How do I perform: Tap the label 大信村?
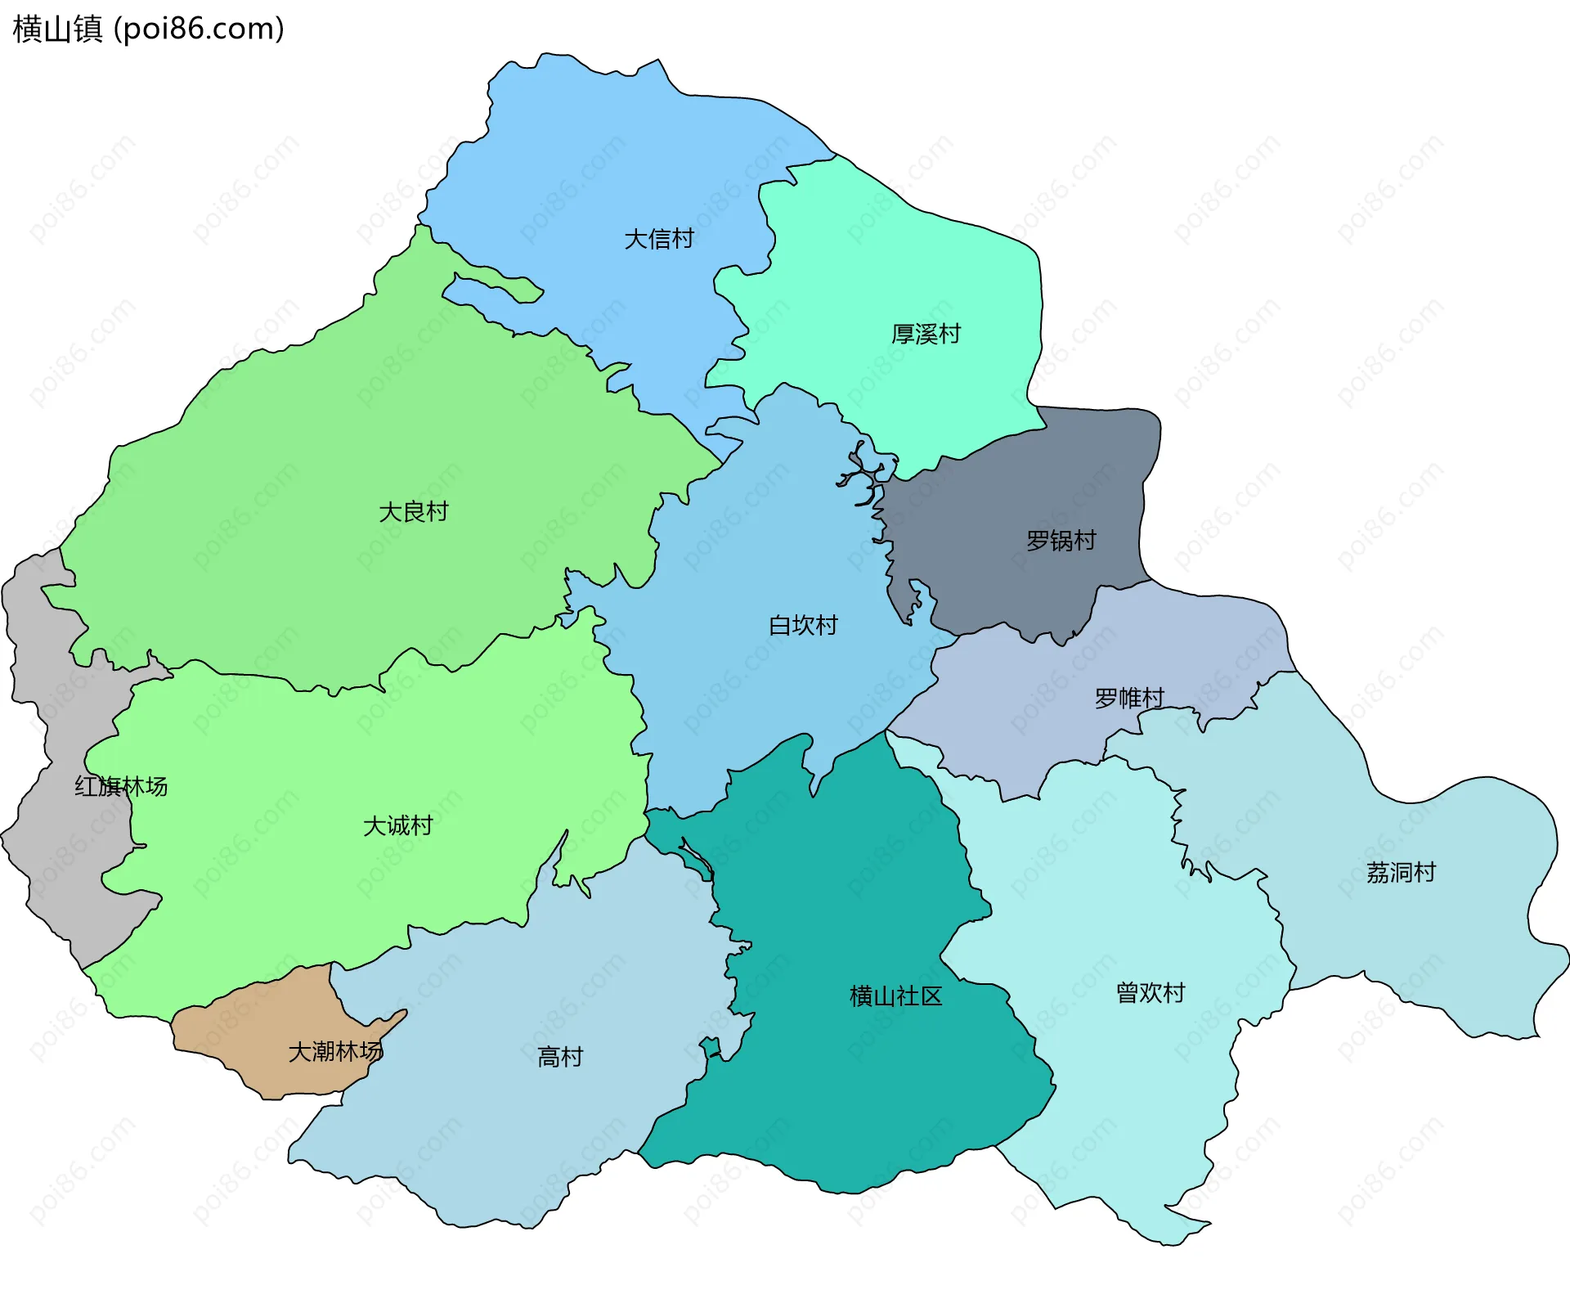659,239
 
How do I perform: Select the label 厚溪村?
926,334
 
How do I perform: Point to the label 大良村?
414,512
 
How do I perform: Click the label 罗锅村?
1061,541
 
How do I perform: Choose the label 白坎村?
803,626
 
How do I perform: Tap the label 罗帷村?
1129,699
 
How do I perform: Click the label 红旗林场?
121,787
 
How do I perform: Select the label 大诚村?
398,825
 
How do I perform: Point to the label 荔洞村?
1401,873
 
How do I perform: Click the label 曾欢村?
1151,993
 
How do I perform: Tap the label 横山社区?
895,996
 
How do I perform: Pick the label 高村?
560,1058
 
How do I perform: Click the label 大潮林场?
335,1052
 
